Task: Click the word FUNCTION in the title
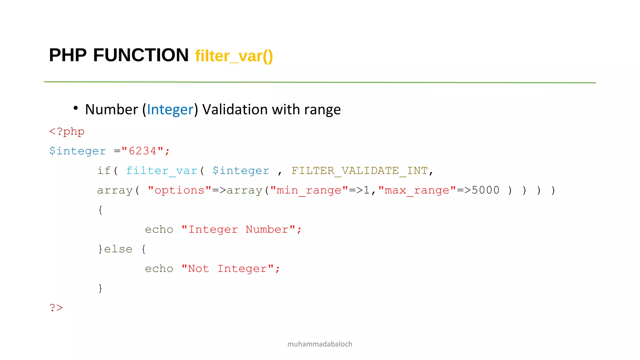[x=141, y=55]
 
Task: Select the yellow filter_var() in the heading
[x=234, y=57]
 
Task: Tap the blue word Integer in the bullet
[x=170, y=110]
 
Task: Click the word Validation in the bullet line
[x=235, y=110]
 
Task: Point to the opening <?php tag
[x=67, y=132]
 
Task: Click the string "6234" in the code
[x=142, y=151]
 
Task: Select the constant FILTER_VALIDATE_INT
[x=359, y=171]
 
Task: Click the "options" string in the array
[x=179, y=190]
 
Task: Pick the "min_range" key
[x=309, y=190]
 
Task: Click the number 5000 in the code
[x=485, y=190]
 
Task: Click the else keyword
[x=118, y=249]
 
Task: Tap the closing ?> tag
[x=56, y=308]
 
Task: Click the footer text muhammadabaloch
[x=320, y=344]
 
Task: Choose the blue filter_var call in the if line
[x=162, y=171]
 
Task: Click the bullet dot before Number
[x=76, y=108]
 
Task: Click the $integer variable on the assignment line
[x=77, y=151]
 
